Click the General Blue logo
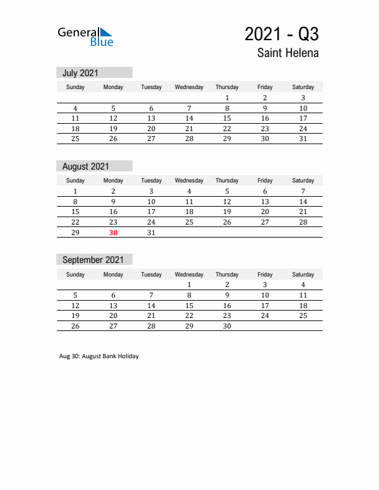(85, 37)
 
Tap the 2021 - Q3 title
(282, 33)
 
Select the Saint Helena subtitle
(288, 53)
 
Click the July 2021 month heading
(81, 73)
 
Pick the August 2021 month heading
(85, 166)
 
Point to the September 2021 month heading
(93, 260)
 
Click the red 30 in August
(113, 233)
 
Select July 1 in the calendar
(227, 98)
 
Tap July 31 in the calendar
(303, 139)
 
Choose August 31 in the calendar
(151, 233)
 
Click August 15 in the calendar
(76, 212)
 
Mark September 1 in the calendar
(189, 285)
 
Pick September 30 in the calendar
(227, 326)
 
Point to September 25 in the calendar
(303, 316)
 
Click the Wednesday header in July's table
(189, 87)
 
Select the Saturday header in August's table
(303, 181)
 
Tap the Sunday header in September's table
(76, 274)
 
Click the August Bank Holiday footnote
(99, 356)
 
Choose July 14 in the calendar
(189, 118)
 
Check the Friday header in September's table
(265, 274)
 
